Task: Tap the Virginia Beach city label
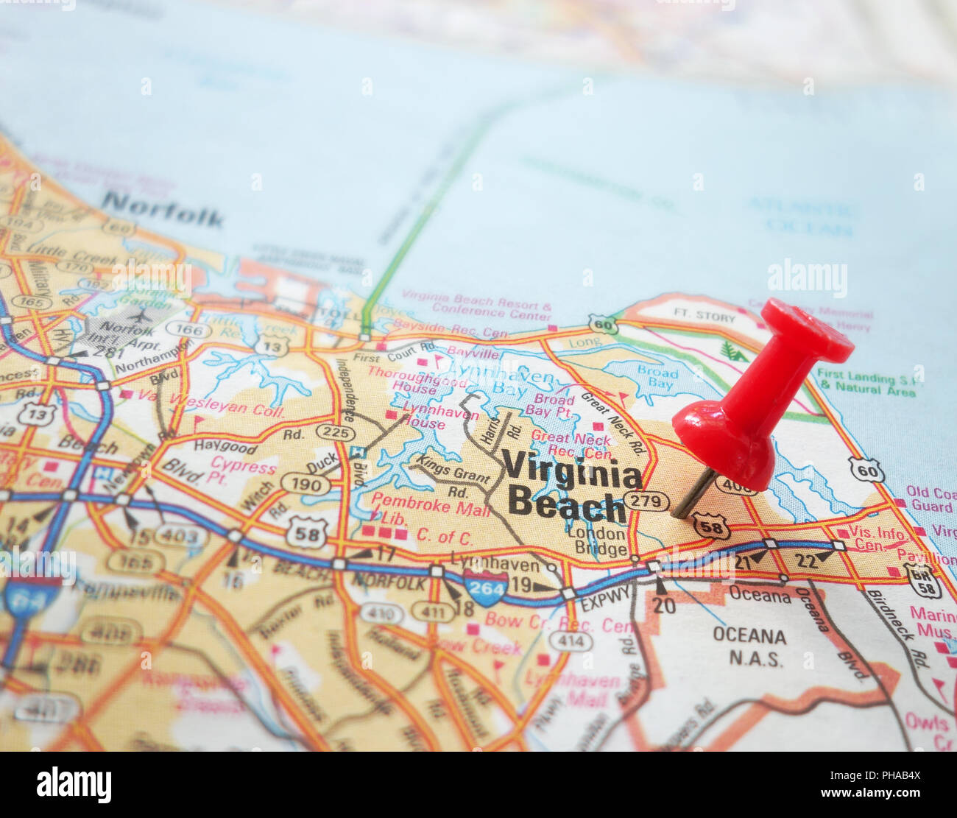[571, 487]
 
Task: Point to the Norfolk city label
[163, 209]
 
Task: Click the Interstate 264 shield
[486, 587]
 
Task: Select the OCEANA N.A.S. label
[749, 646]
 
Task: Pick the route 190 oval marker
[306, 484]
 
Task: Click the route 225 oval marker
[334, 432]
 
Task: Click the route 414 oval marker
[571, 641]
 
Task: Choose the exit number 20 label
[663, 605]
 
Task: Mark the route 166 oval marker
[188, 329]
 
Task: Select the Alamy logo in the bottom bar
[74, 785]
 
